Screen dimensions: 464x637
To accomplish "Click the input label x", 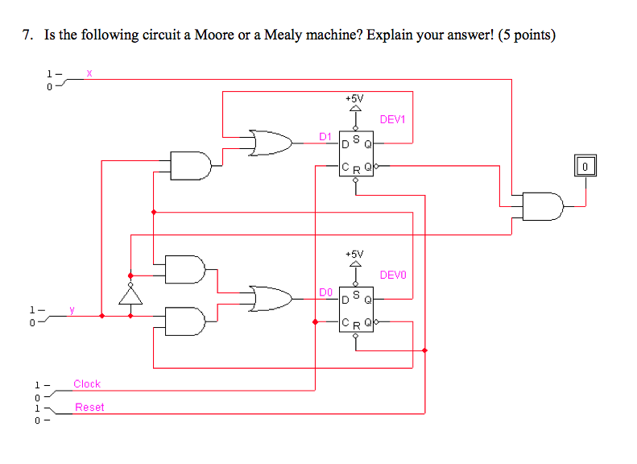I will [89, 73].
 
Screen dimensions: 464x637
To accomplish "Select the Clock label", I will [87, 384].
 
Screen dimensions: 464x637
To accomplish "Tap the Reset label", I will [89, 407].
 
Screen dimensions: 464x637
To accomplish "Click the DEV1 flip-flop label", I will [393, 120].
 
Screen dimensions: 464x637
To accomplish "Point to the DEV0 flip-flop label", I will [393, 275].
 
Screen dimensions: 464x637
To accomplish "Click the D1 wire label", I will [325, 136].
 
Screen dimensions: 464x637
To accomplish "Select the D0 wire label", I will [325, 291].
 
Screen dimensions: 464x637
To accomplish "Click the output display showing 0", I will [585, 167].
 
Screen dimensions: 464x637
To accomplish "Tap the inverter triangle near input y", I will [130, 296].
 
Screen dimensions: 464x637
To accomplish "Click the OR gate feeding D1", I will [271, 143].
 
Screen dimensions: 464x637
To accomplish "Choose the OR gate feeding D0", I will [271, 299].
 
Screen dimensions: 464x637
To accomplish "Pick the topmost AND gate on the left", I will [191, 165].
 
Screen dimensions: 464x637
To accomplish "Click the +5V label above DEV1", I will [354, 97].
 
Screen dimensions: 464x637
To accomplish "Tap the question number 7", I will [27, 35].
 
